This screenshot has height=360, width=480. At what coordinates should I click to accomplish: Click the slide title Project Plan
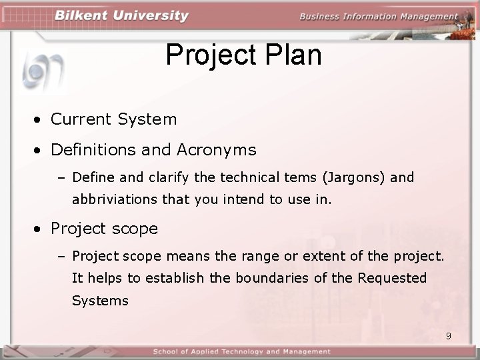point(243,55)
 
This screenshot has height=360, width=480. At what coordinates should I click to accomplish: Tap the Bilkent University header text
point(121,16)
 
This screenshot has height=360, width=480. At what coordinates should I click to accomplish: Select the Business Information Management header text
point(379,17)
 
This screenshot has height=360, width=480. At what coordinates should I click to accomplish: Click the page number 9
point(449,336)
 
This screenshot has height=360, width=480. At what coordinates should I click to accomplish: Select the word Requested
point(392,278)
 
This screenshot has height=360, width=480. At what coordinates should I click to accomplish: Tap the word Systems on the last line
point(100,301)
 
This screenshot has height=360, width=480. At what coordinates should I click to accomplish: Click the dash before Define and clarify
point(63,178)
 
